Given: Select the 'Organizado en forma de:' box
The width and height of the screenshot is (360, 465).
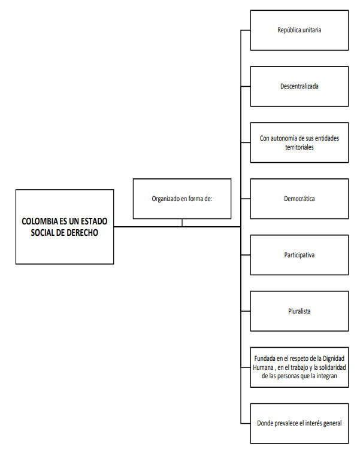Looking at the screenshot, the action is point(182,199).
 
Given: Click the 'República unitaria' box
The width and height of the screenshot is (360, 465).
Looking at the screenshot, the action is point(300,31).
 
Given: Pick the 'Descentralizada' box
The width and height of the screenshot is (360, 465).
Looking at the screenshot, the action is point(300,86).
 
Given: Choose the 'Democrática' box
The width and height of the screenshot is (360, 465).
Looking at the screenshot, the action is point(300,199).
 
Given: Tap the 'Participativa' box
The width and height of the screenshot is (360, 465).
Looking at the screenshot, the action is point(300,255).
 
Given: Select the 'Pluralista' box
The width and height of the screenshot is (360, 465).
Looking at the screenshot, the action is point(300,311).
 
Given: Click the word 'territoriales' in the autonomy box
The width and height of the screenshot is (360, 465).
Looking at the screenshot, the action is point(300,147).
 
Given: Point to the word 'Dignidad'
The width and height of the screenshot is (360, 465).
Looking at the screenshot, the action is point(334,358).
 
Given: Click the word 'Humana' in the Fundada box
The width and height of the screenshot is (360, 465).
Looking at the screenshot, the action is point(263,367).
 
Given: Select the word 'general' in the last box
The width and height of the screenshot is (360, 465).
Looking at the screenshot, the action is point(331,424).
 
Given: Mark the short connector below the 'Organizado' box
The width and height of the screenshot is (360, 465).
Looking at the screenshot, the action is point(182,223).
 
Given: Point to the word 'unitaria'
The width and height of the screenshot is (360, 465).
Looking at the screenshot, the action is point(312,30).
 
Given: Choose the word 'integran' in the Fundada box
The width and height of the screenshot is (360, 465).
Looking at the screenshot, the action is point(327,376).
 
